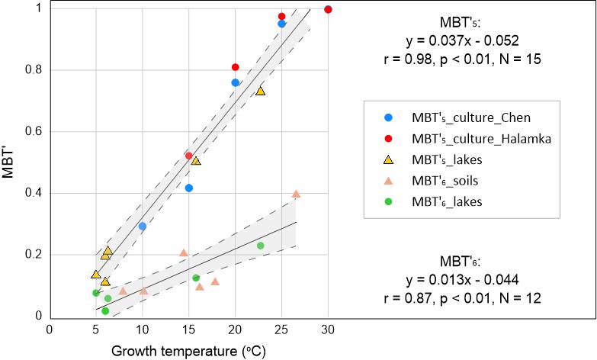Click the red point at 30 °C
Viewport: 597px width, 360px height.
tap(328, 9)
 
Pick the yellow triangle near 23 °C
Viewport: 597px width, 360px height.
tap(260, 91)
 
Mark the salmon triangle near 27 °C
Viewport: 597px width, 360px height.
tap(296, 194)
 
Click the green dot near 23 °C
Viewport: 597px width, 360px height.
tap(260, 246)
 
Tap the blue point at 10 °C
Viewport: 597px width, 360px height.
tap(142, 227)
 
